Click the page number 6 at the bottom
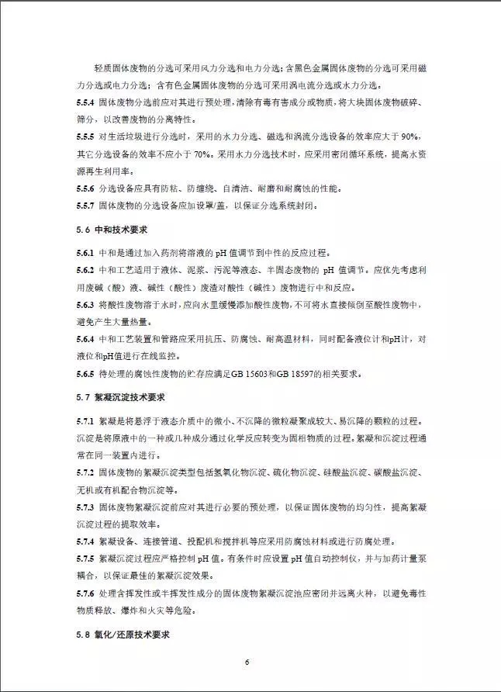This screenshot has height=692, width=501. coord(247,661)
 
